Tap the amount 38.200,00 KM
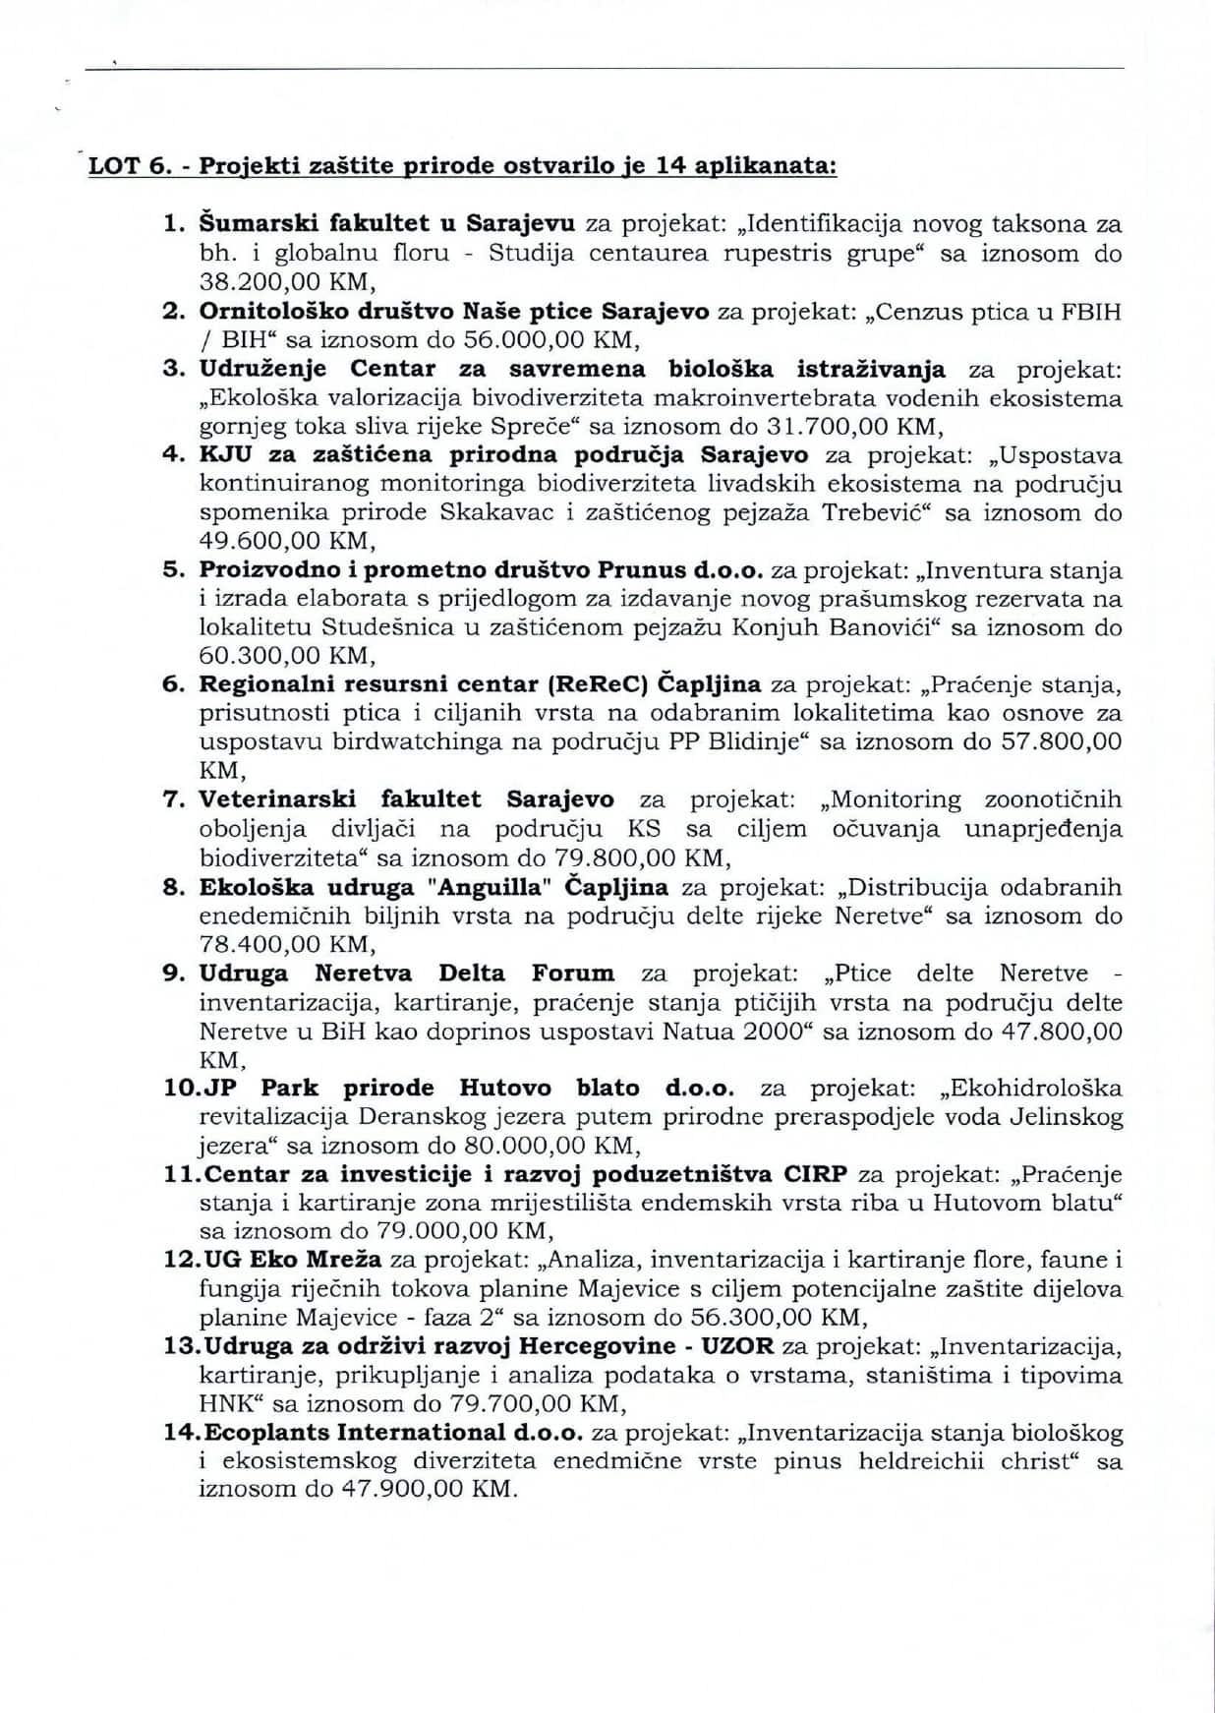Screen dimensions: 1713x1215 pos(285,282)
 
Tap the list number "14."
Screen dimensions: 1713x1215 pos(183,1433)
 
